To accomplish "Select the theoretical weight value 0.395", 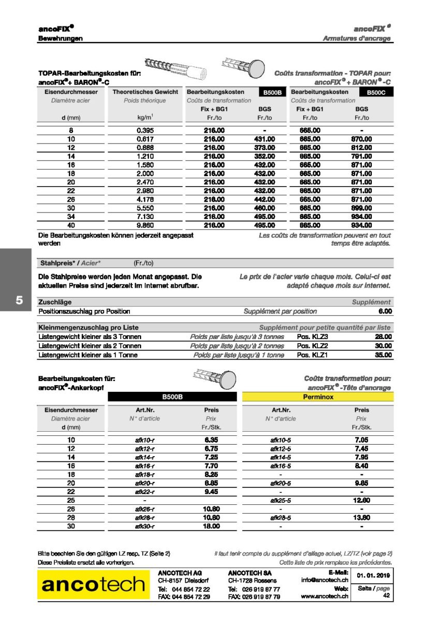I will pos(144,131).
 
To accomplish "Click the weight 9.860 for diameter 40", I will pos(144,225).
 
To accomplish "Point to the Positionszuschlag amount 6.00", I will pos(385,312).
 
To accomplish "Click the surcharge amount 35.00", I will pos(383,355).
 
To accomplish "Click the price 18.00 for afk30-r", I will pos(211,526).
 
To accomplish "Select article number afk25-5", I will pos(280,500).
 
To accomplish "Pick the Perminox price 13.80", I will pos(361,517).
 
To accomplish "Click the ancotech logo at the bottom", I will pos(93,585).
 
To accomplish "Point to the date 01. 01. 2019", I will pos(373,575).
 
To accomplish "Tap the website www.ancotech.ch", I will pos(325,597).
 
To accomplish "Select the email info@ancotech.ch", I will pos(325,580).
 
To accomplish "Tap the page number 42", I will pos(386,596).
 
